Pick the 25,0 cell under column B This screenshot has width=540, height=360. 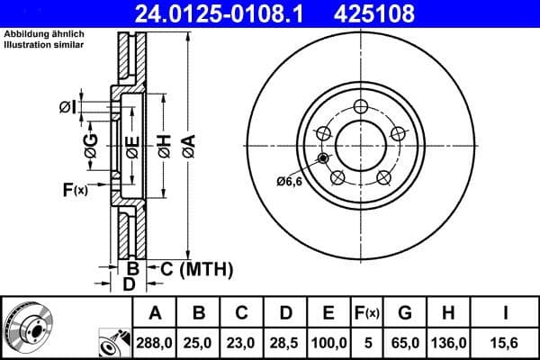(x=199, y=343)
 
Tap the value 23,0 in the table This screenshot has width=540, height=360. (x=242, y=343)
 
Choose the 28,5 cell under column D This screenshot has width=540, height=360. (x=285, y=343)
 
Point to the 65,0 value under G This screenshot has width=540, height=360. (x=406, y=343)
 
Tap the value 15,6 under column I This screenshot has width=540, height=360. (x=507, y=343)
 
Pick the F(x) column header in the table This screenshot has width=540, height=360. (x=367, y=314)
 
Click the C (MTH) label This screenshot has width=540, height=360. (x=197, y=268)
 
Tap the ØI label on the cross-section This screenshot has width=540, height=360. (x=67, y=108)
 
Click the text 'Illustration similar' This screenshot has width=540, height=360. (x=45, y=43)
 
